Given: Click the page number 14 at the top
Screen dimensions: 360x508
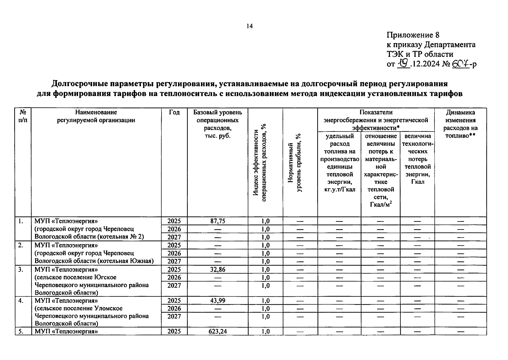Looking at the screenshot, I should coord(249,26).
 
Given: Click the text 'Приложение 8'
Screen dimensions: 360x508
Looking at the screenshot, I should coord(413,35).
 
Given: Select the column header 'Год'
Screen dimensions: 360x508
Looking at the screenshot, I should coord(174,112).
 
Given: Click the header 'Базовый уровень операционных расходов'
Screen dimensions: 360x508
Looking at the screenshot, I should coord(218,124).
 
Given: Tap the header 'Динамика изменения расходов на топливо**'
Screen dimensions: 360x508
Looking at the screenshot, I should coord(460,124).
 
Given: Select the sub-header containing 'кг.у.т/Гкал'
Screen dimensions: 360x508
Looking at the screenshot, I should coord(340,163).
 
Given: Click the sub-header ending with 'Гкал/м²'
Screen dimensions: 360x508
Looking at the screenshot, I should coord(381,170).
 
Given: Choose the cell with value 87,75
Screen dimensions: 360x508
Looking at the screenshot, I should coord(218,221).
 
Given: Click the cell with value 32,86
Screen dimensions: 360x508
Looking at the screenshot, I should coord(218,269).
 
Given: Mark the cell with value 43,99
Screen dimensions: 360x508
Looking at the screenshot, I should coord(218,301).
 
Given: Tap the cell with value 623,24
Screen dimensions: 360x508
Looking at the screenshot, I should coord(218,331).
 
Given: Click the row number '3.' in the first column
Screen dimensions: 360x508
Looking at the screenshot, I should coord(20,269).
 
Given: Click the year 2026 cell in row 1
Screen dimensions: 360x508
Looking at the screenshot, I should coord(174,229).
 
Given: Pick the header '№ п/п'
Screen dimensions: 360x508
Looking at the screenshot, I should coord(23,116).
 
